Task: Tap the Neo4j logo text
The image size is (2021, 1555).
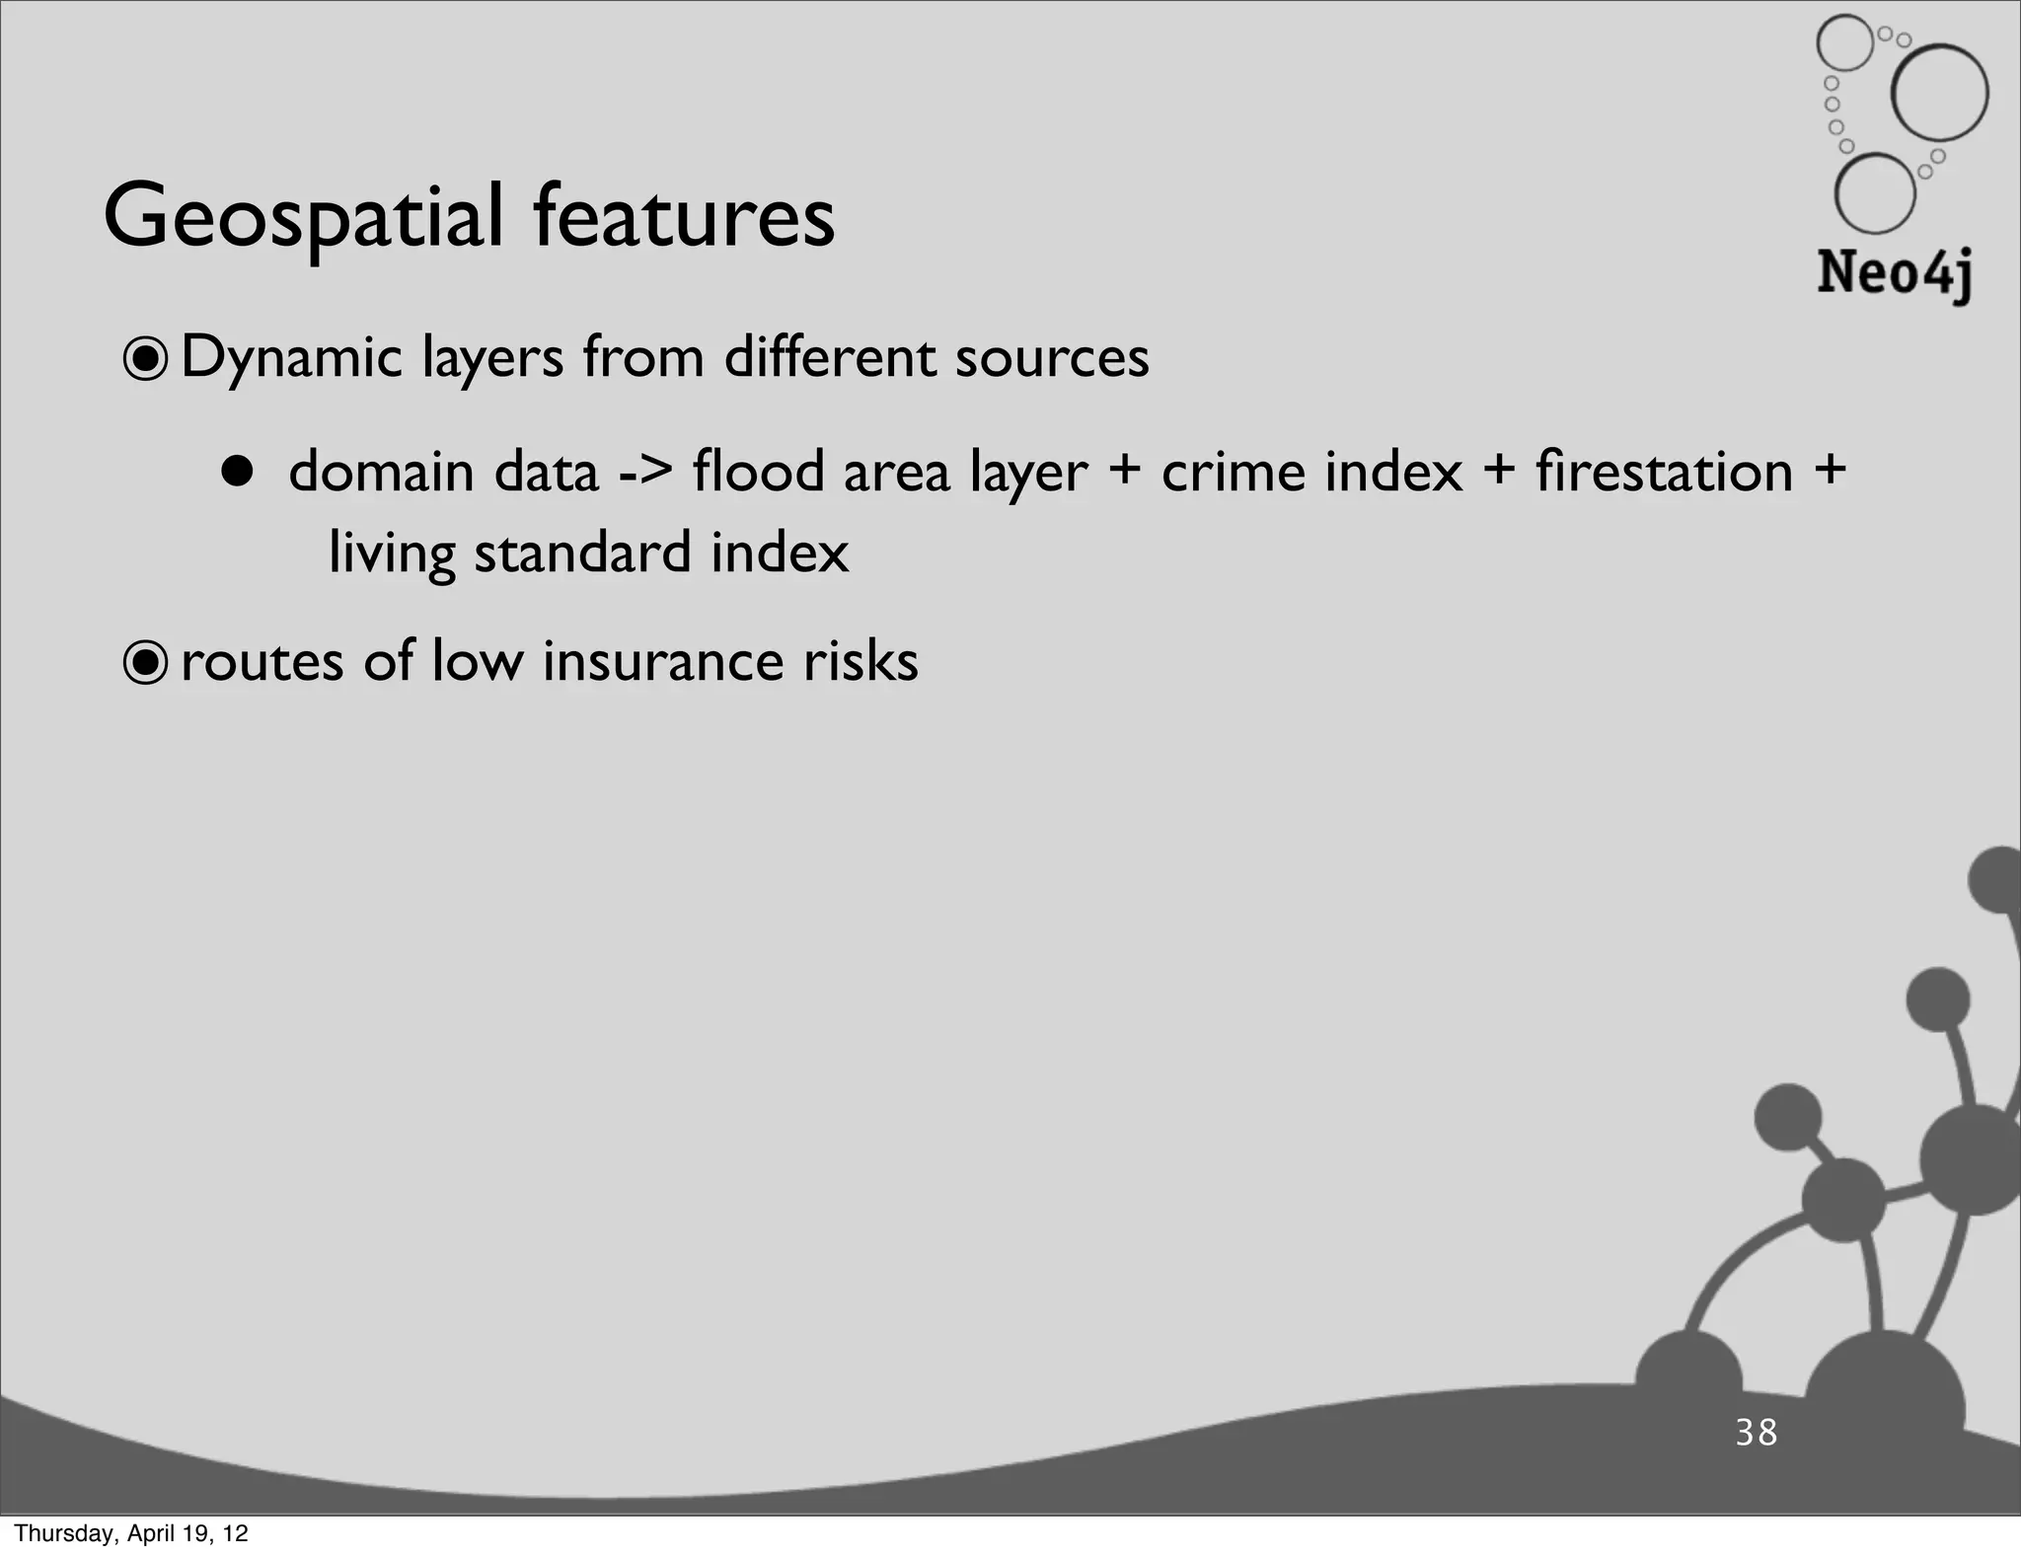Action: click(x=1894, y=273)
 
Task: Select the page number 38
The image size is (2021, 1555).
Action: click(x=1757, y=1432)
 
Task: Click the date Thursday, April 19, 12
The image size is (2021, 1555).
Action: click(x=131, y=1533)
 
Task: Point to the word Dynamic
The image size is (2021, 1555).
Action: click(x=292, y=358)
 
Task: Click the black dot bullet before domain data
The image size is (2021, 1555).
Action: click(x=237, y=473)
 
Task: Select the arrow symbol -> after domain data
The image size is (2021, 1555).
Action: click(x=646, y=472)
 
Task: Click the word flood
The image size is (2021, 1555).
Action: click(x=758, y=471)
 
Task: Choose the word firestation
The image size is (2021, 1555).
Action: click(x=1664, y=471)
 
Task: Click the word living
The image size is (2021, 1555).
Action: click(x=392, y=554)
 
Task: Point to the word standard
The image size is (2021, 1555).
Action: click(x=582, y=552)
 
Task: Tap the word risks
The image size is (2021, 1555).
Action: click(x=861, y=660)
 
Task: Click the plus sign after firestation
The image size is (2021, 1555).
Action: click(x=1830, y=470)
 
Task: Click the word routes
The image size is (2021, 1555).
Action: click(x=263, y=661)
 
